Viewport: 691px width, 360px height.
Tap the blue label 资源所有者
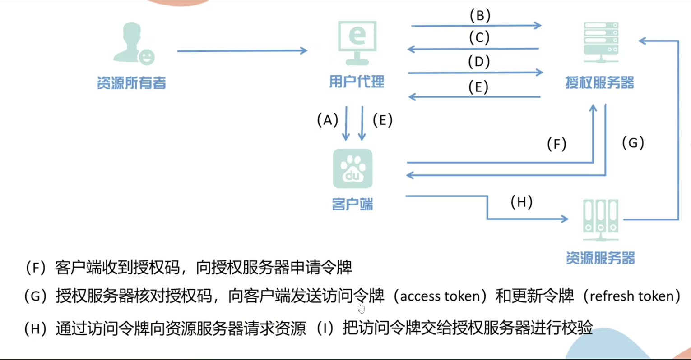[131, 83]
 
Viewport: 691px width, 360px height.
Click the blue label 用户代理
[357, 82]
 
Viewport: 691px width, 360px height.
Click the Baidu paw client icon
[352, 169]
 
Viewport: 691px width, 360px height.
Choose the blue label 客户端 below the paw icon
[352, 204]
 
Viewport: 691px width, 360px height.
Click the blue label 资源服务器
[600, 258]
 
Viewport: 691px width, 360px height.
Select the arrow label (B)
[480, 16]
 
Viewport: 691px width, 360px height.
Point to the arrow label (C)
[479, 37]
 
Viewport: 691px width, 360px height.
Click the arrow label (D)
[479, 61]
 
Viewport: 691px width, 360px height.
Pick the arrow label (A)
[328, 120]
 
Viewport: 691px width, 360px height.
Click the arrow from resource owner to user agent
[242, 51]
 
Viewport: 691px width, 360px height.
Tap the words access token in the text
[440, 296]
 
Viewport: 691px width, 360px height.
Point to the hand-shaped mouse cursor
[362, 309]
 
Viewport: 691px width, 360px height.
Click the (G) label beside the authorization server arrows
[633, 143]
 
